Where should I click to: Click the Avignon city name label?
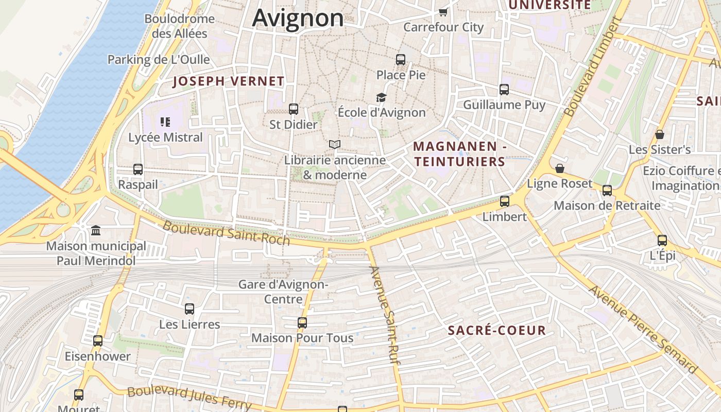pyautogui.click(x=298, y=18)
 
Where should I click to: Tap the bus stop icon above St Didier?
pyautogui.click(x=294, y=109)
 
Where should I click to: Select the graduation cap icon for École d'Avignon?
pyautogui.click(x=381, y=97)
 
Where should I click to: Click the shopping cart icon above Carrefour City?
pyautogui.click(x=443, y=12)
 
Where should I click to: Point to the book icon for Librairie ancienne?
pyautogui.click(x=335, y=145)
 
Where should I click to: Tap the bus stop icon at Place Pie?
pyautogui.click(x=401, y=60)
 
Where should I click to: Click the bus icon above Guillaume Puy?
pyautogui.click(x=504, y=90)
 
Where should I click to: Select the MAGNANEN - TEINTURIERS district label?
pyautogui.click(x=460, y=154)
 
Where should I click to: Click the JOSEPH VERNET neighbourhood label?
pyautogui.click(x=228, y=81)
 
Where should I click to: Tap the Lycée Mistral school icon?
pyautogui.click(x=165, y=122)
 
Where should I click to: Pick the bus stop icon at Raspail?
pyautogui.click(x=138, y=169)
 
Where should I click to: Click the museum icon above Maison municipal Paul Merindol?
pyautogui.click(x=96, y=230)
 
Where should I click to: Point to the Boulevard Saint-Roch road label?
pyautogui.click(x=226, y=233)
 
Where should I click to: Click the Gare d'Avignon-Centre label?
pyautogui.click(x=283, y=291)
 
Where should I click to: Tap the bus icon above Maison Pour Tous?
pyautogui.click(x=302, y=323)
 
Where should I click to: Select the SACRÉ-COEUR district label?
pyautogui.click(x=496, y=331)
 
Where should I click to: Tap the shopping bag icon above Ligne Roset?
pyautogui.click(x=560, y=168)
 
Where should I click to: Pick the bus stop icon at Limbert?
pyautogui.click(x=505, y=201)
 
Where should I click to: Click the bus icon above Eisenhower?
pyautogui.click(x=98, y=341)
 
